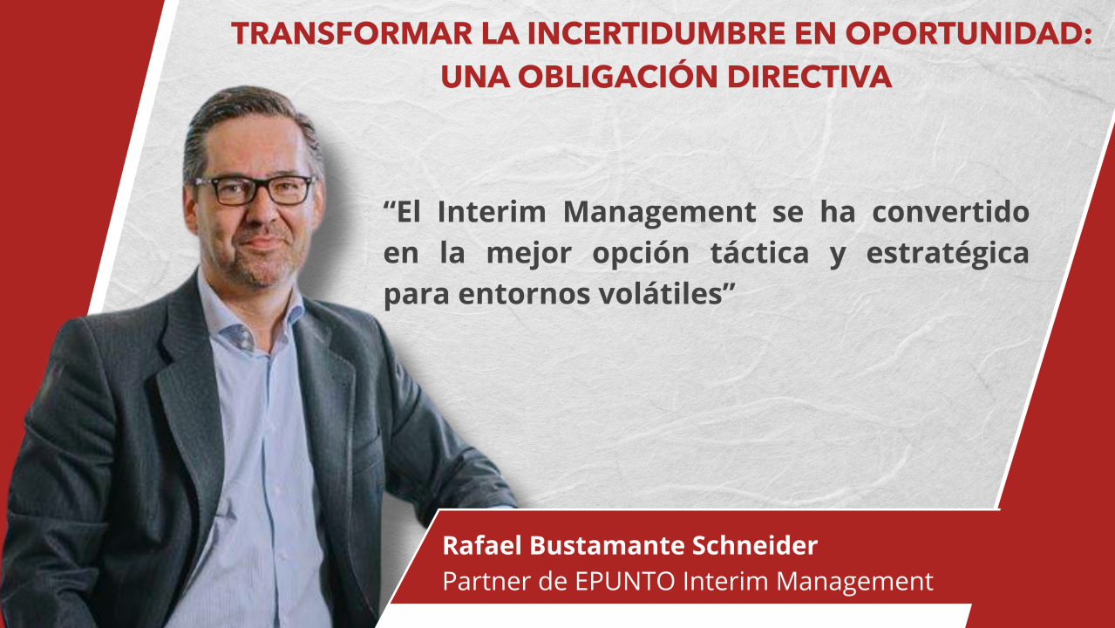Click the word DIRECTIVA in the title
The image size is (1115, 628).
[809, 78]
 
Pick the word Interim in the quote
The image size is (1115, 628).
[492, 212]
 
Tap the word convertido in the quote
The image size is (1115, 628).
[951, 212]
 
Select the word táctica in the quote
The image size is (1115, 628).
[759, 252]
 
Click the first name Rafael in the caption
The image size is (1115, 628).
[482, 545]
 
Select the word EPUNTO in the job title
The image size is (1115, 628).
[625, 581]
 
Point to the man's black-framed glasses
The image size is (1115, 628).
[254, 189]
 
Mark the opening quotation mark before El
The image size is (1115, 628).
[390, 204]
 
